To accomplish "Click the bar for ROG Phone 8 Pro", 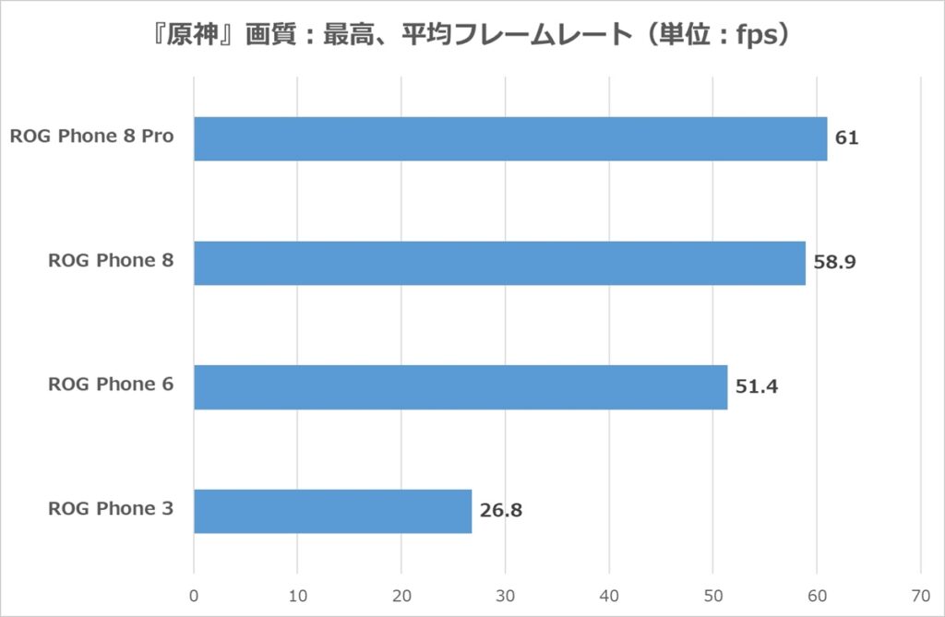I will (510, 139).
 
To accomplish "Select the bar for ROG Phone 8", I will (499, 263).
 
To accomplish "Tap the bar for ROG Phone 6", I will (461, 387).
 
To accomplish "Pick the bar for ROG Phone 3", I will (332, 511).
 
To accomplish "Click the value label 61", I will (847, 138).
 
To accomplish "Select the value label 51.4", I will (757, 386).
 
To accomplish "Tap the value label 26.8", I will (501, 510).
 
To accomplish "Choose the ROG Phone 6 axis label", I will (111, 385).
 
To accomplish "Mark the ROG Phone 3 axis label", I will (111, 508).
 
